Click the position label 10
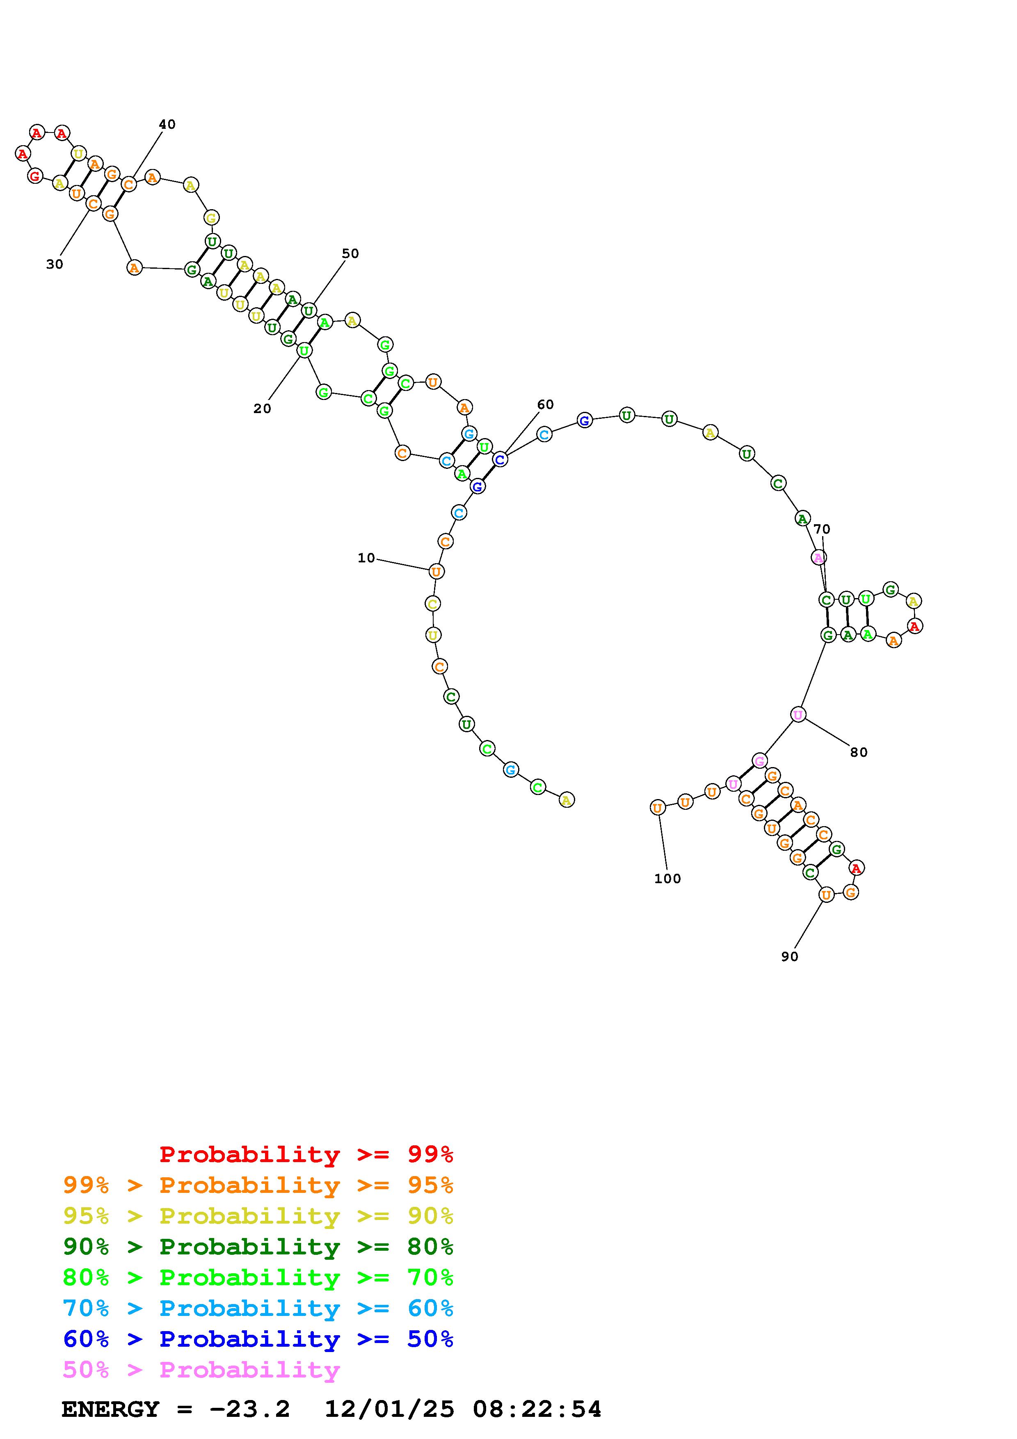point(366,558)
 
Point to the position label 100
point(667,879)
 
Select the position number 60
point(545,405)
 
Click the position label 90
point(790,957)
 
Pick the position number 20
point(262,409)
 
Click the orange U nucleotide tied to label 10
point(436,571)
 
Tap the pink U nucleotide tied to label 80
point(798,715)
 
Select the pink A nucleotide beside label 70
point(818,557)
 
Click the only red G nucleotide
point(35,176)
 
